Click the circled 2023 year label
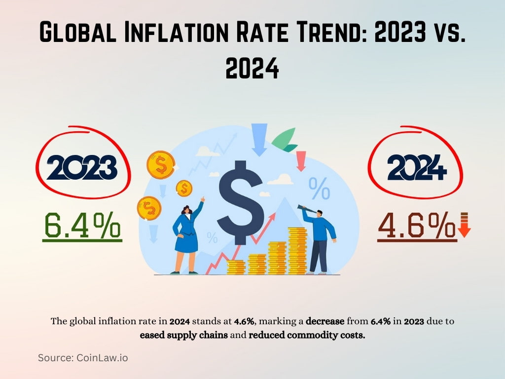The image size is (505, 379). tap(81, 168)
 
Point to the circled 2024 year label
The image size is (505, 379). tap(417, 168)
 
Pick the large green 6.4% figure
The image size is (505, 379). tap(82, 226)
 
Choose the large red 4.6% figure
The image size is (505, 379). tap(416, 227)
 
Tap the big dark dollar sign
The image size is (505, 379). tap(240, 200)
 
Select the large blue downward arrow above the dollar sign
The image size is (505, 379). tap(259, 139)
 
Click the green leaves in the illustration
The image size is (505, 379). tap(285, 141)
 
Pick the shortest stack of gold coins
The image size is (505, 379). tap(236, 267)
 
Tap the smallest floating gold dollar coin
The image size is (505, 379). tap(184, 188)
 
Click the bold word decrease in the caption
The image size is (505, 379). tap(325, 321)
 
